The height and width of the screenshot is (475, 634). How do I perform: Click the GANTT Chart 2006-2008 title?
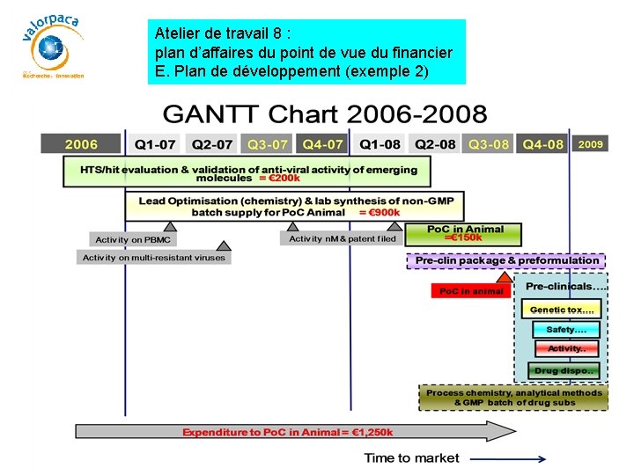[x=324, y=114]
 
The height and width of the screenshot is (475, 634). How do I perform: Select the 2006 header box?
[x=81, y=144]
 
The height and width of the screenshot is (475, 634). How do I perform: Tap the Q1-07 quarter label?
[x=155, y=144]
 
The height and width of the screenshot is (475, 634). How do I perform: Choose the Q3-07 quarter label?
[x=268, y=144]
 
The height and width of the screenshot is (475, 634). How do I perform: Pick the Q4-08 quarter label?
[x=542, y=144]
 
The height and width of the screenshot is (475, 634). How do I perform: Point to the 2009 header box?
[x=590, y=143]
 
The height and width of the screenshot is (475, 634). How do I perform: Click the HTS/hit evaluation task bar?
[x=248, y=172]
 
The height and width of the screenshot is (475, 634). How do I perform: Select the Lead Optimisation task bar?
[x=296, y=207]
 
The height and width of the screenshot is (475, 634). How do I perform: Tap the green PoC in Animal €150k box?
[x=464, y=234]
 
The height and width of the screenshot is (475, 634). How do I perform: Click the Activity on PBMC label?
[x=133, y=239]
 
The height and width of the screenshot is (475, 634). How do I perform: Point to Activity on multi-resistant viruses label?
[x=154, y=258]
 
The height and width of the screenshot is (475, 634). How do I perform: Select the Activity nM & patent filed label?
[x=343, y=238]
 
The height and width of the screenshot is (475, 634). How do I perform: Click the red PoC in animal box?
[x=471, y=291]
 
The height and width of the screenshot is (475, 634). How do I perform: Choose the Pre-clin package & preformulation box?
[x=506, y=261]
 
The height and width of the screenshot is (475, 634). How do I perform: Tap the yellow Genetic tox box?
[x=562, y=310]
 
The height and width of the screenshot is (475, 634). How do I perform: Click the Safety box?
[x=565, y=329]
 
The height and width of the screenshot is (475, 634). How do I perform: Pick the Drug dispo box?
[x=564, y=370]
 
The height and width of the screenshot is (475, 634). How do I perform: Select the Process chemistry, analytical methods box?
[x=514, y=398]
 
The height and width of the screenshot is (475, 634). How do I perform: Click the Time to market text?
[x=411, y=457]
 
